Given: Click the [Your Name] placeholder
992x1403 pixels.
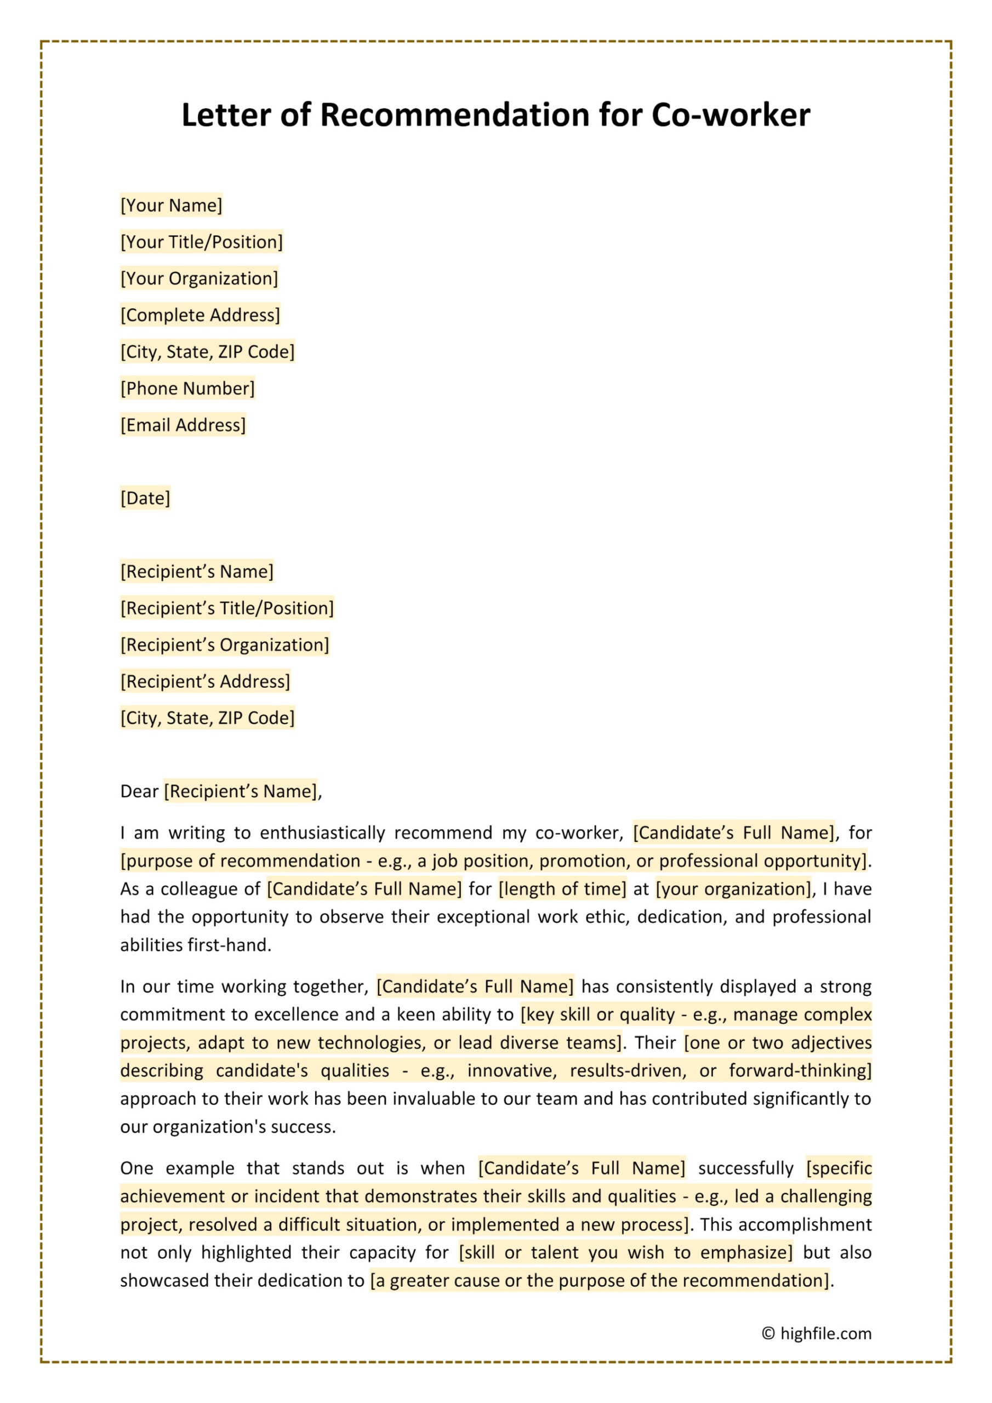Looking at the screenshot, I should tap(171, 206).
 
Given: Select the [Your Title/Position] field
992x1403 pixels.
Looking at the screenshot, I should tap(201, 242).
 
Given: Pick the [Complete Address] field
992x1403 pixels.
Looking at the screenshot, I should tap(200, 315).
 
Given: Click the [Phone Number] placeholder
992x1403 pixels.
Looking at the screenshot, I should tap(187, 389).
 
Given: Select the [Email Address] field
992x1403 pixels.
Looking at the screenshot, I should tap(183, 425).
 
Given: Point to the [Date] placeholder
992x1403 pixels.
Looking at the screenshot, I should tap(145, 499).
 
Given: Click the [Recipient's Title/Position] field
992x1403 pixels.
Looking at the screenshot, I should tap(227, 609).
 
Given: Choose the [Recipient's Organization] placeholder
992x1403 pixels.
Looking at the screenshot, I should tap(224, 645).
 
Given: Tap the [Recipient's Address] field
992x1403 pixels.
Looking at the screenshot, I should tap(205, 682).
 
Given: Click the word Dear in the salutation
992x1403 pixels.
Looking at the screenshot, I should tap(139, 792).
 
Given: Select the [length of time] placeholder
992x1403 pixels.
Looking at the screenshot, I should tap(562, 889).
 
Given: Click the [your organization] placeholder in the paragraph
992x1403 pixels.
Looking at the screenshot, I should tap(733, 889).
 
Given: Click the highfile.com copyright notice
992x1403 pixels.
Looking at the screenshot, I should tap(817, 1333).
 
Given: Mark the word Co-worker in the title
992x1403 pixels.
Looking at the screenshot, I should tap(731, 115).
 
